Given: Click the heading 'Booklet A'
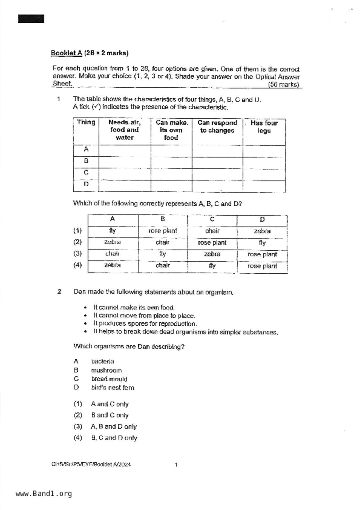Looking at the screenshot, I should pos(67,53).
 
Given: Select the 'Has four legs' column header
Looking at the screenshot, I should pos(264,127).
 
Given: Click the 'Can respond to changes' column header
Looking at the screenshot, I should pos(217,127).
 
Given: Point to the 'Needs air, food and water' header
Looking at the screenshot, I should pos(124,130).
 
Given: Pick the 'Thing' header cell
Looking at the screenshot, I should pos(86,122).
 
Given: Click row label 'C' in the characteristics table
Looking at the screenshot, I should pos(86,173).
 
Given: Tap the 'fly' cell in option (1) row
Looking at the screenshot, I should pos(112,231).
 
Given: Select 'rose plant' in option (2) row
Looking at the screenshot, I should pos(212,243).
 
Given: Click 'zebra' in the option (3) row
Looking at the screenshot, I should pos(212,254).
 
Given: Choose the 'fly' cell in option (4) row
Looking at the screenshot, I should pos(212,266).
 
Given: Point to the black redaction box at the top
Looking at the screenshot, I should pos(31,19).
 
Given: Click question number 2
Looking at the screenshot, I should pos(59,292).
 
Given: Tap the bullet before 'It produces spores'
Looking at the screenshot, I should pos(85,324).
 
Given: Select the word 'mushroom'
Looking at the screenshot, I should pos(106,370).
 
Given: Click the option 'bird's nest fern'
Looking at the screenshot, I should pos(113,388).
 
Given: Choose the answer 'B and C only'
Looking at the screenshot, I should pos(110,416).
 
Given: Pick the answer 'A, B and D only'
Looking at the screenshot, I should pos(114,427).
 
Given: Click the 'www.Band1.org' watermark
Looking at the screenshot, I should pos(44,494).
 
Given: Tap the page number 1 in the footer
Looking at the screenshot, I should pos(176,465).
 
